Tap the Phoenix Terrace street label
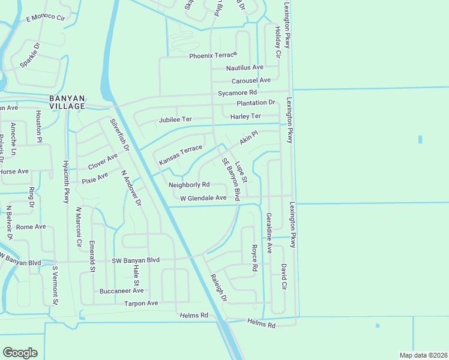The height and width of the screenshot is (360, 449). click(209, 56)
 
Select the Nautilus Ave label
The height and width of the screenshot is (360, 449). click(244, 68)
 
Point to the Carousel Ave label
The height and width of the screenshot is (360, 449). click(251, 80)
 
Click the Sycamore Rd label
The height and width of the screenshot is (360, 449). click(237, 93)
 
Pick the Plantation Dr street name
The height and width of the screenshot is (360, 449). click(255, 103)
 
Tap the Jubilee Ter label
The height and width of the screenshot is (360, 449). click(175, 119)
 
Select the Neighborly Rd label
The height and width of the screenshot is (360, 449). click(188, 185)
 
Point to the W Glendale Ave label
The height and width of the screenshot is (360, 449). click(203, 197)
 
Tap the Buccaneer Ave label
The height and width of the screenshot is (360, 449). click(122, 291)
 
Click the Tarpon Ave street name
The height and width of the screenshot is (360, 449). click(140, 304)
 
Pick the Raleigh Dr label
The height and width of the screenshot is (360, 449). click(218, 288)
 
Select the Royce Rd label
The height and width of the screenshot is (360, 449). click(254, 256)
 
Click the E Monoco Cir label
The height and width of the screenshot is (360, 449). click(45, 18)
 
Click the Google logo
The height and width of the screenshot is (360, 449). click(20, 353)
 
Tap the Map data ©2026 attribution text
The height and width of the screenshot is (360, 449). click(423, 355)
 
